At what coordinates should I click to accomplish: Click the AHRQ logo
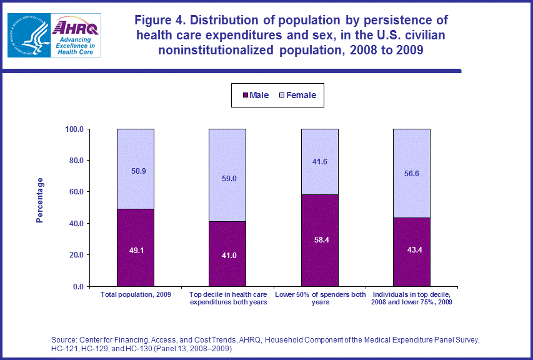[74, 36]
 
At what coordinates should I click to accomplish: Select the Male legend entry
[256, 96]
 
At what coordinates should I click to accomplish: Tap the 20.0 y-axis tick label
[77, 255]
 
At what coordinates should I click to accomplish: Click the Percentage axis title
[40, 200]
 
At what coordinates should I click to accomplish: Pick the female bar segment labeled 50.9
[136, 169]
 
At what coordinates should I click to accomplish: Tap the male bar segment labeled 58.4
[320, 240]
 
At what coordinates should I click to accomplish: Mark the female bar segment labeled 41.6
[320, 161]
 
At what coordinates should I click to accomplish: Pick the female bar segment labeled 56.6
[412, 173]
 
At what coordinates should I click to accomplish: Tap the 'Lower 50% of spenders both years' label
[320, 297]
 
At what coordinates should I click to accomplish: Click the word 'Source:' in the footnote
[66, 340]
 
